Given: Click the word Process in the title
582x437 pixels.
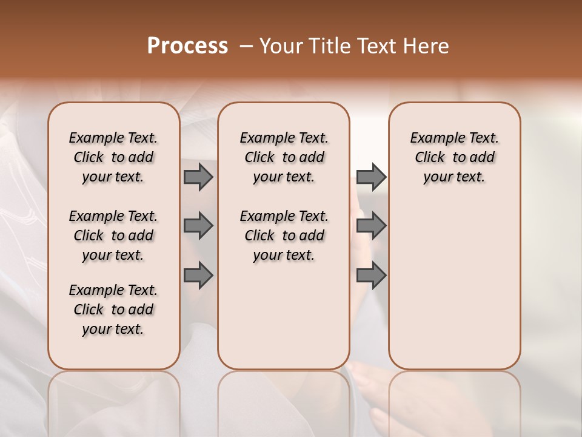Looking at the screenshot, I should pyautogui.click(x=187, y=46).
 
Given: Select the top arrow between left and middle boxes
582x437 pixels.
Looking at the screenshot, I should pyautogui.click(x=198, y=177).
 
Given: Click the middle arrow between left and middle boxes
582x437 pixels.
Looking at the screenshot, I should pyautogui.click(x=198, y=226).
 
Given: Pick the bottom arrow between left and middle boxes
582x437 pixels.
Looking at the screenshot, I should pyautogui.click(x=198, y=276).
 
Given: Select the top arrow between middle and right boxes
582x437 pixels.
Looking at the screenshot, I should pyautogui.click(x=371, y=177).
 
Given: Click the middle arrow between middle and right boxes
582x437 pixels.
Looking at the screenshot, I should pyautogui.click(x=371, y=226).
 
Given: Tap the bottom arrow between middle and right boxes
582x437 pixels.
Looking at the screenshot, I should pyautogui.click(x=371, y=276).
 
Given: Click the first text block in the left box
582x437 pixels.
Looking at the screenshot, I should pyautogui.click(x=113, y=157).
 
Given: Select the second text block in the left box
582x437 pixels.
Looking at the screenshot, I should pyautogui.click(x=113, y=235).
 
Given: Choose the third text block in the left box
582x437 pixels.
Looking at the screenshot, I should pyautogui.click(x=113, y=310).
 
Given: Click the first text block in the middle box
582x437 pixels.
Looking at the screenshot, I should pyautogui.click(x=284, y=157).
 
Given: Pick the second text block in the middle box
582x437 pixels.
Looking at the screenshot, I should pyautogui.click(x=284, y=235).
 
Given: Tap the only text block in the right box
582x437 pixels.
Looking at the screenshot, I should pyautogui.click(x=455, y=157).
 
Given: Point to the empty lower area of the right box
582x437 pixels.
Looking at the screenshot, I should pyautogui.click(x=455, y=285).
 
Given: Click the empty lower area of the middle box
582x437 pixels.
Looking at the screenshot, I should pyautogui.click(x=284, y=316).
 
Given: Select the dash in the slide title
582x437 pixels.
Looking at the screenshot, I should pyautogui.click(x=246, y=46).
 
